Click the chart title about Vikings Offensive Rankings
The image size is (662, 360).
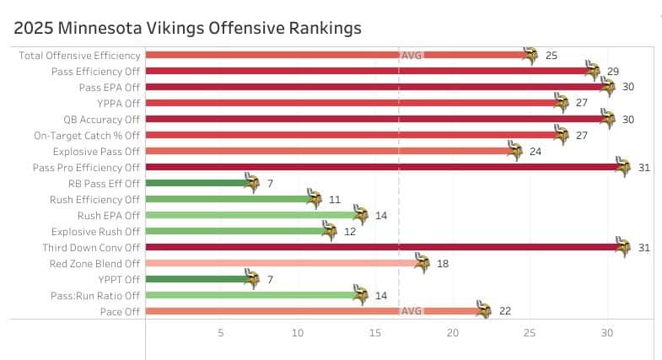click(187, 28)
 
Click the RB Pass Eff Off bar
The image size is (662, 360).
click(198, 183)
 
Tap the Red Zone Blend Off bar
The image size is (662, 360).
click(283, 263)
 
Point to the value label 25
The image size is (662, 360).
click(552, 55)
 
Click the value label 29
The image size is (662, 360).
click(613, 71)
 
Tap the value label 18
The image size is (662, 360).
click(443, 263)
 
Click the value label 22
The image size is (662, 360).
click(505, 311)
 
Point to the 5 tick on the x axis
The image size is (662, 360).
click(221, 333)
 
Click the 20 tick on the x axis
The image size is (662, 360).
click(453, 333)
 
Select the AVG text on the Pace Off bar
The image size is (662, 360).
click(412, 311)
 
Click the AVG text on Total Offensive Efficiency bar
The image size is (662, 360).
click(412, 55)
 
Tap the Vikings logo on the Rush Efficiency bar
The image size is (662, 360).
click(314, 199)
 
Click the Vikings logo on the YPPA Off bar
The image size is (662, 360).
click(562, 103)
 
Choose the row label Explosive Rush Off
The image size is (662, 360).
click(95, 231)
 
